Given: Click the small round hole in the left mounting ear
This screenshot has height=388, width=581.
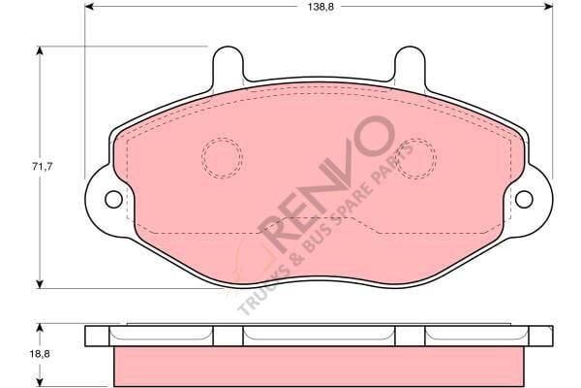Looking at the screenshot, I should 113,199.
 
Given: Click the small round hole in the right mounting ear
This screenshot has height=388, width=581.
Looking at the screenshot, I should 524,199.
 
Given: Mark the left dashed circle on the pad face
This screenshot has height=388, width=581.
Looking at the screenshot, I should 222,158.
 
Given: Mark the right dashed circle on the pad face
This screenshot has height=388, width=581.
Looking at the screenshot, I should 417,158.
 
